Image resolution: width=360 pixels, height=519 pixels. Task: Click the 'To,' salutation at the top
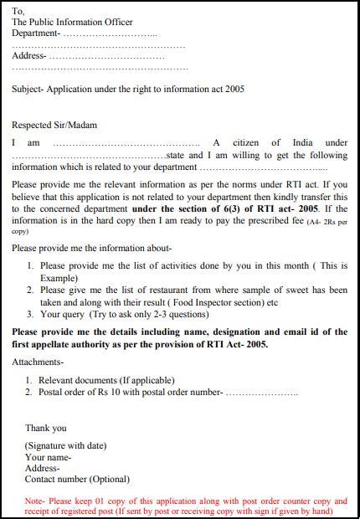pos(18,11)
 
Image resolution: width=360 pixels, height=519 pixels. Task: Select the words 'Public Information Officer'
pos(81,22)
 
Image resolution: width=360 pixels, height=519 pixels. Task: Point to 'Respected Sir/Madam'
pos(54,125)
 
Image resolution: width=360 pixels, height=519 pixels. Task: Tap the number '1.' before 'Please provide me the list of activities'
pos(31,265)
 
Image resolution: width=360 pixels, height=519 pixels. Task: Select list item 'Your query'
pos(64,315)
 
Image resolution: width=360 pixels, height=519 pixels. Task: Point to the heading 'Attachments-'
pos(38,362)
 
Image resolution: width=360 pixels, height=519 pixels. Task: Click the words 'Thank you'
pos(45,428)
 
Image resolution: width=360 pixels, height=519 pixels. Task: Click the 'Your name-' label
pos(48,457)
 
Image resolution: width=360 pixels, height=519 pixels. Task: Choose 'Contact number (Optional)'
pos(77,479)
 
